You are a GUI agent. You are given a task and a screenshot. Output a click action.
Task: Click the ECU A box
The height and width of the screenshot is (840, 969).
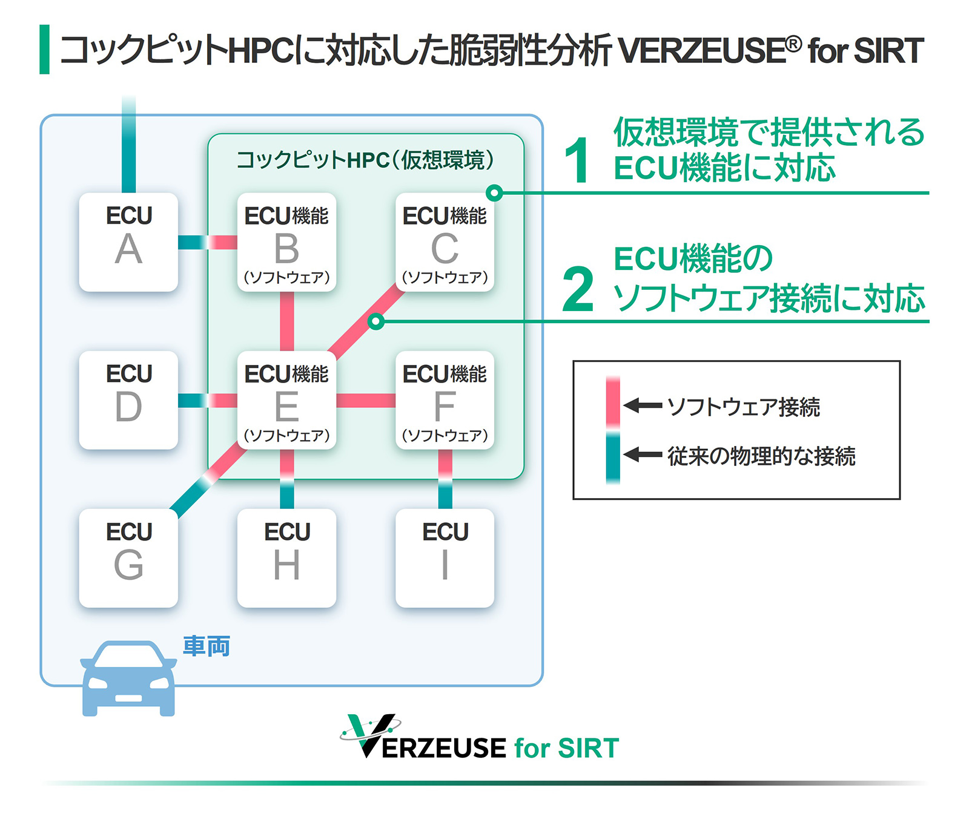pyautogui.click(x=128, y=242)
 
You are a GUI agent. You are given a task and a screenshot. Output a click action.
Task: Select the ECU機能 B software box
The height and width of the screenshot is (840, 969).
pyautogui.click(x=286, y=242)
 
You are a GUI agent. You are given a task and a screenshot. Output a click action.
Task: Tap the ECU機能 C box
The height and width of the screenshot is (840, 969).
pyautogui.click(x=445, y=242)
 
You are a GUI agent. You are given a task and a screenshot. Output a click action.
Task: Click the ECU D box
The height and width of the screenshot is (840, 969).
pyautogui.click(x=128, y=400)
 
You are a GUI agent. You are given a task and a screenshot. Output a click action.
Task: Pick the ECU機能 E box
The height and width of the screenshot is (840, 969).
pyautogui.click(x=286, y=400)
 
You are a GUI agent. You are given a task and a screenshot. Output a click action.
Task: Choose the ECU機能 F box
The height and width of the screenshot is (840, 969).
pyautogui.click(x=445, y=400)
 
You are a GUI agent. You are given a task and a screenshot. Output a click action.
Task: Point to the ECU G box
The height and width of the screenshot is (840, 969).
pyautogui.click(x=128, y=558)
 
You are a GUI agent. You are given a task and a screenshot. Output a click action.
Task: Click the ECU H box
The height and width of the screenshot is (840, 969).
pyautogui.click(x=286, y=558)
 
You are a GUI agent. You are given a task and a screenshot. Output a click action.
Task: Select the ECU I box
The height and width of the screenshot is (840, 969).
pyautogui.click(x=445, y=558)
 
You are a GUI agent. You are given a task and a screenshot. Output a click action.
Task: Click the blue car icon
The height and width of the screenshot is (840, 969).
pyautogui.click(x=128, y=678)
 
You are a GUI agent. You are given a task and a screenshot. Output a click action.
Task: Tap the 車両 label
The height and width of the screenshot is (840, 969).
pyautogui.click(x=207, y=646)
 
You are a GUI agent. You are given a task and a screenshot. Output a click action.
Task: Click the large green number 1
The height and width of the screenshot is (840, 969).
pyautogui.click(x=577, y=160)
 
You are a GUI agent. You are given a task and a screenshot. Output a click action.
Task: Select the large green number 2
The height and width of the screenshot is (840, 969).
pyautogui.click(x=578, y=289)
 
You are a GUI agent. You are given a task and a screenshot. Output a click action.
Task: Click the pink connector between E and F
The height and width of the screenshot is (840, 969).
pyautogui.click(x=366, y=400)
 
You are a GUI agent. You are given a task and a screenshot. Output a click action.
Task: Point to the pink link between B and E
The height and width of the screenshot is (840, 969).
pyautogui.click(x=286, y=321)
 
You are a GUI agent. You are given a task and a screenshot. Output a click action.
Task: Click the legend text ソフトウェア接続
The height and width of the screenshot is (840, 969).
pyautogui.click(x=743, y=407)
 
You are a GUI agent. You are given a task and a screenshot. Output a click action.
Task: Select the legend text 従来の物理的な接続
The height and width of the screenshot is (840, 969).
pyautogui.click(x=761, y=456)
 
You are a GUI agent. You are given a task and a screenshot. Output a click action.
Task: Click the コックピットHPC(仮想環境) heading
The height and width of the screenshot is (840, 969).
pyautogui.click(x=365, y=160)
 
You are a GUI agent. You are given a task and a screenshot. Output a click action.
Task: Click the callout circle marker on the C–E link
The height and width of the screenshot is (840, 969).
pyautogui.click(x=376, y=321)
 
